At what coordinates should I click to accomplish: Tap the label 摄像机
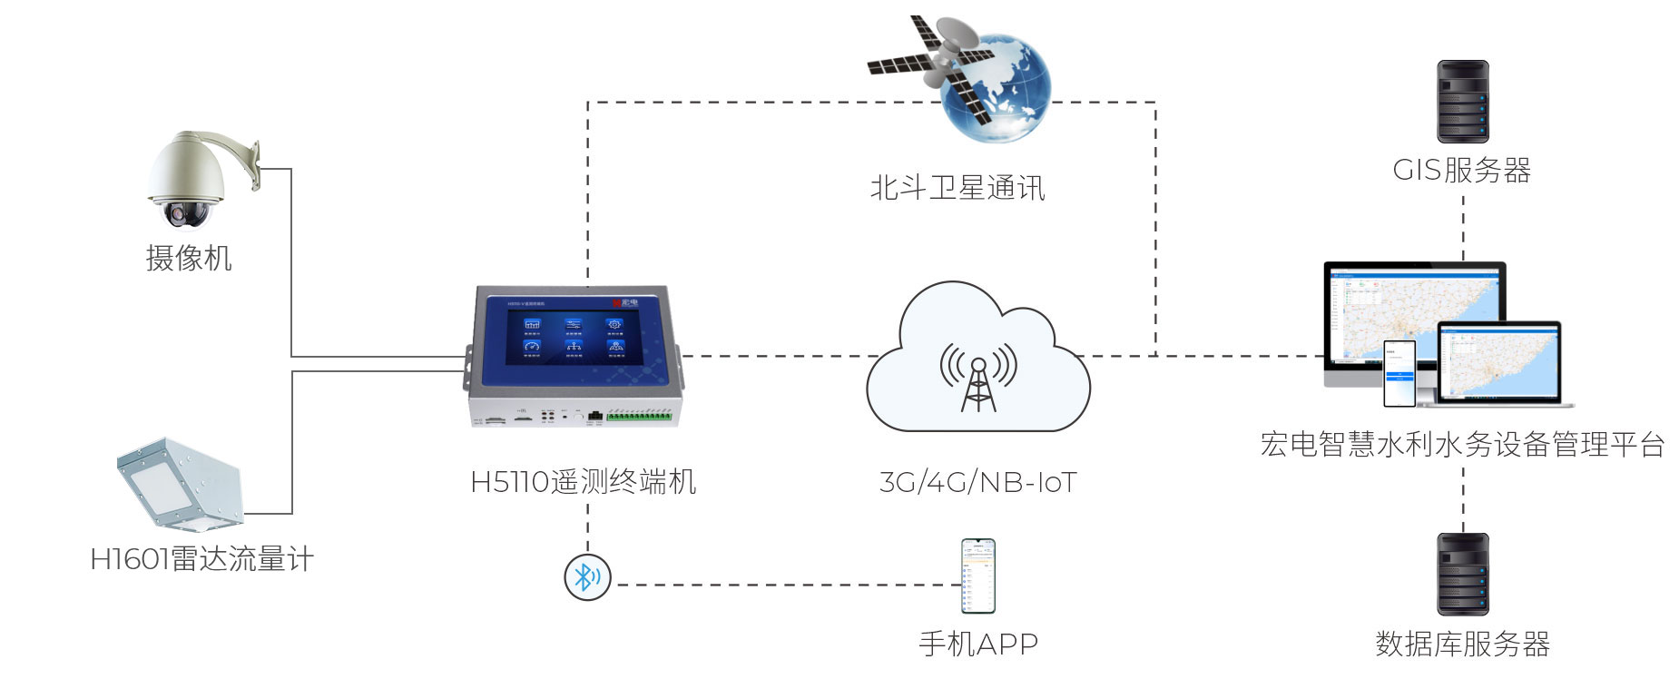(x=189, y=258)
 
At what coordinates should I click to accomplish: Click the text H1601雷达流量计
(x=201, y=558)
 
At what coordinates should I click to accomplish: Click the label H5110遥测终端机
(x=583, y=481)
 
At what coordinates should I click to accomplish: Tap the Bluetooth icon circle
(x=587, y=576)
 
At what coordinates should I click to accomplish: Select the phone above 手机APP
(x=978, y=576)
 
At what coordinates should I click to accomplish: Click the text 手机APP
(x=978, y=644)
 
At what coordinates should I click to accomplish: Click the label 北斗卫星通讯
(x=957, y=188)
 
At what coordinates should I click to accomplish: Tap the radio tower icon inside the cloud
(x=978, y=377)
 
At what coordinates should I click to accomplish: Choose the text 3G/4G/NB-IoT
(x=977, y=482)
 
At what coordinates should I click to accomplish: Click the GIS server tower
(x=1462, y=101)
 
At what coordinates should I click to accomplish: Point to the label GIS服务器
(x=1461, y=170)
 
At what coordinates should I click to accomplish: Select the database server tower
(x=1462, y=574)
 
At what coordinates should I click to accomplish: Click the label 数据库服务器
(x=1462, y=644)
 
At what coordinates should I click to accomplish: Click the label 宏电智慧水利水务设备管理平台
(x=1462, y=445)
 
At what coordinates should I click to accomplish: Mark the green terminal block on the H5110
(x=639, y=417)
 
